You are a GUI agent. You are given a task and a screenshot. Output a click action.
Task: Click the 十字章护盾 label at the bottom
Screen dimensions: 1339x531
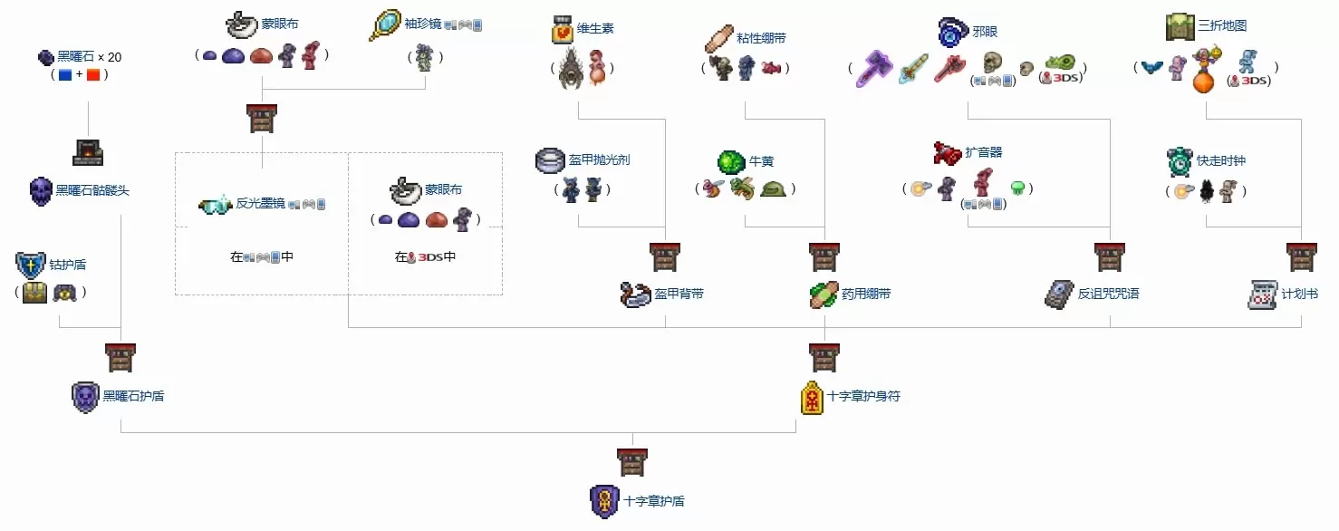(654, 501)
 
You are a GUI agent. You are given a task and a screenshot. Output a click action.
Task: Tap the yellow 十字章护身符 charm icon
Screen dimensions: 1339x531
(812, 398)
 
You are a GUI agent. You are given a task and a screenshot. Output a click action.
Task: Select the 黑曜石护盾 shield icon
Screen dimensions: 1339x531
(85, 397)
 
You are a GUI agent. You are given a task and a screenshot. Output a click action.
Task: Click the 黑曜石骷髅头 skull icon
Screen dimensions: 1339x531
(41, 191)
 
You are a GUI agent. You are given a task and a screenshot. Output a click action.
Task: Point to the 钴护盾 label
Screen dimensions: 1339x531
(68, 265)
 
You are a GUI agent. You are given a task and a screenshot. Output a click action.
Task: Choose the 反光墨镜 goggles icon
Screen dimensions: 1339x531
(216, 205)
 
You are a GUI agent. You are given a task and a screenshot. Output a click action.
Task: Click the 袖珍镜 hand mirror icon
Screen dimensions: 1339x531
(384, 25)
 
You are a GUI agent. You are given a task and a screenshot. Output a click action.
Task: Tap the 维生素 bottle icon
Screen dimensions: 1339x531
(562, 29)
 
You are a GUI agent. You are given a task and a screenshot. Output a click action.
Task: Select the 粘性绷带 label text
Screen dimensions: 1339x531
(761, 38)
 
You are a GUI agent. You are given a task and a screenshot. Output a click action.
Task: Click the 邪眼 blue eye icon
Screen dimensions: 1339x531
(952, 32)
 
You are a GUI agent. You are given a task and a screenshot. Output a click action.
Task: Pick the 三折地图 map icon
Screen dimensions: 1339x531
(1180, 26)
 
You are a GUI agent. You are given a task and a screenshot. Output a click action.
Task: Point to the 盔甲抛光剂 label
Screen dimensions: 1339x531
(599, 159)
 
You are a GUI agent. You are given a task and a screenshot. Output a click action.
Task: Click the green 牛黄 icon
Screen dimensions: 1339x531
(730, 161)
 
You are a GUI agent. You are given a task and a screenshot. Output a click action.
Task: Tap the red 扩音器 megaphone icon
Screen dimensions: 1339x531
(948, 153)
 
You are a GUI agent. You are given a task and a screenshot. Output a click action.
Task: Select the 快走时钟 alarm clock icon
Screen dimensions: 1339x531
(1180, 161)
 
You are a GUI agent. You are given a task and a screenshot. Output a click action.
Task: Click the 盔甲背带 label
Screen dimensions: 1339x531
(679, 294)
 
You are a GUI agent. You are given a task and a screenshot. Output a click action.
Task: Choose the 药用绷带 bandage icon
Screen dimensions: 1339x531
(824, 294)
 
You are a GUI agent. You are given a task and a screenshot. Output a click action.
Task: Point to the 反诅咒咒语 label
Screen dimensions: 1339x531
(1108, 294)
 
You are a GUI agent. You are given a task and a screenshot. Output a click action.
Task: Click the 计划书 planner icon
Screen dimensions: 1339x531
(1263, 294)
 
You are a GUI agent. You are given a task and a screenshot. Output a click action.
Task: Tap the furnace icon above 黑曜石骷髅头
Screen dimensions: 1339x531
(88, 153)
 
